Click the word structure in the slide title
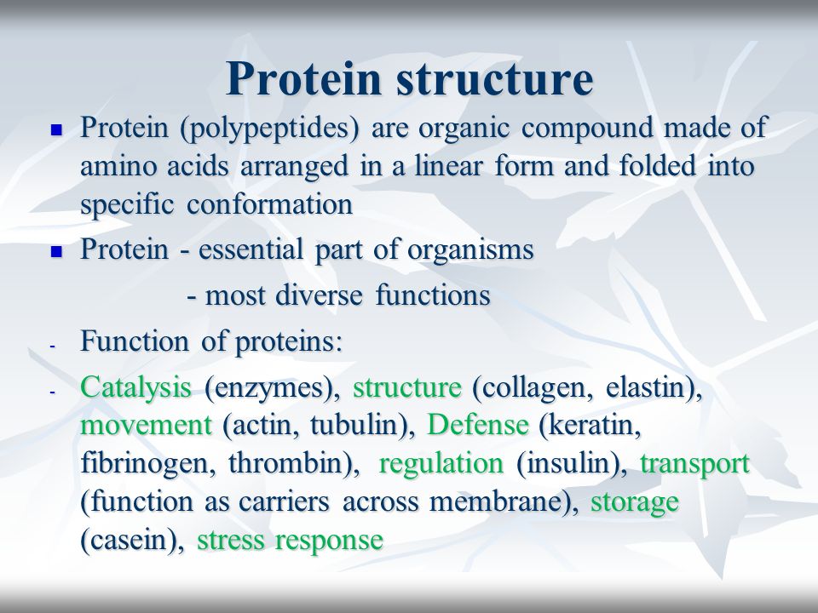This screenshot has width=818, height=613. (x=494, y=80)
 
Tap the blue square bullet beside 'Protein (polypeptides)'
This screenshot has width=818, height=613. (x=56, y=129)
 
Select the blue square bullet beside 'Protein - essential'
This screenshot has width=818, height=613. (x=56, y=251)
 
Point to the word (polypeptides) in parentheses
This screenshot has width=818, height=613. (x=269, y=129)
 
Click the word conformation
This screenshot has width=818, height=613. (x=270, y=203)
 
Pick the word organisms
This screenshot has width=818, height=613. (x=470, y=250)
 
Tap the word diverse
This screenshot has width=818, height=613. (x=318, y=295)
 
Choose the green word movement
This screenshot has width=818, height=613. (x=146, y=426)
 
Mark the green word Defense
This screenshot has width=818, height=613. (x=477, y=424)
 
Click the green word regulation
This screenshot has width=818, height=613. (x=441, y=464)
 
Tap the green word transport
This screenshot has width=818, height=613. (x=694, y=464)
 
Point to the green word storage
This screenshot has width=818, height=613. (x=634, y=502)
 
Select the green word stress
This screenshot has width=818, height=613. (x=231, y=540)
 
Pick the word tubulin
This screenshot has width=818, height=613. (x=360, y=424)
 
